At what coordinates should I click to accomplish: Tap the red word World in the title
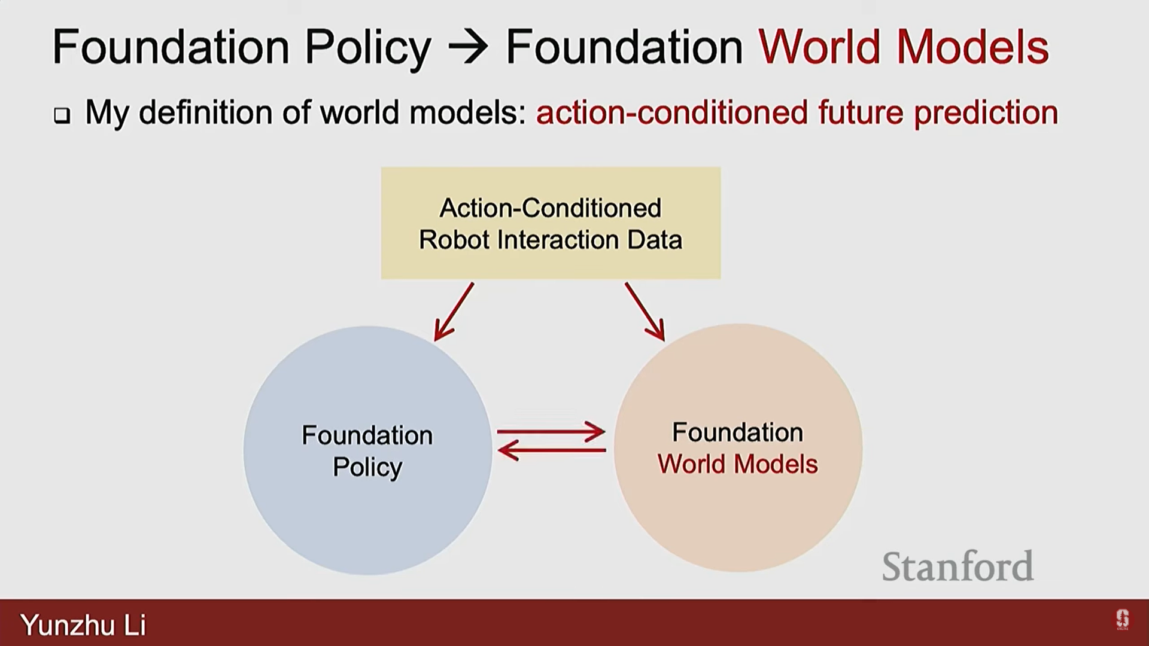pyautogui.click(x=820, y=47)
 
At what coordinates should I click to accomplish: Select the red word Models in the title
pyautogui.click(x=972, y=47)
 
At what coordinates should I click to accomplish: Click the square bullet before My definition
pyautogui.click(x=62, y=115)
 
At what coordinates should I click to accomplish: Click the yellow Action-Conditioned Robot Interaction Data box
pyautogui.click(x=551, y=223)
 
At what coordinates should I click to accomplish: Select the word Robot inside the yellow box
pyautogui.click(x=454, y=240)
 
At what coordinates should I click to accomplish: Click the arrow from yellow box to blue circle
pyautogui.click(x=454, y=312)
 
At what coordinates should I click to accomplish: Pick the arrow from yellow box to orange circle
pyautogui.click(x=645, y=312)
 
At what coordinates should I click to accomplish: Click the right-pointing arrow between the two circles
pyautogui.click(x=551, y=431)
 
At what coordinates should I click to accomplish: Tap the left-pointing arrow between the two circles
pyautogui.click(x=551, y=450)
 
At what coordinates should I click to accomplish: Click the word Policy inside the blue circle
pyautogui.click(x=367, y=468)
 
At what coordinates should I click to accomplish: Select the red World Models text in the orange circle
pyautogui.click(x=737, y=464)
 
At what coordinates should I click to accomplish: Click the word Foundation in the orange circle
pyautogui.click(x=737, y=432)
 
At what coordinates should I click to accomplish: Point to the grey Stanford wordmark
pyautogui.click(x=957, y=566)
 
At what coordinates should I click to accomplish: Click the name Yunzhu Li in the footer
pyautogui.click(x=83, y=625)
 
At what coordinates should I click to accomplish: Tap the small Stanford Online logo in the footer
pyautogui.click(x=1122, y=620)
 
